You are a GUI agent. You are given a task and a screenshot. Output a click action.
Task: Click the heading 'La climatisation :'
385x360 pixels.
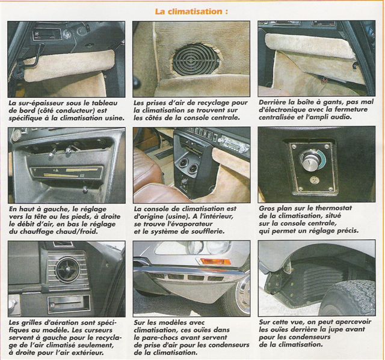click(191, 11)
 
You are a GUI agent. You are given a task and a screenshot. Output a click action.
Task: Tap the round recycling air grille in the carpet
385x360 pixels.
click(196, 59)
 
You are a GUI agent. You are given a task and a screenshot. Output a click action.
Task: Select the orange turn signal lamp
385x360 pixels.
click(216, 261)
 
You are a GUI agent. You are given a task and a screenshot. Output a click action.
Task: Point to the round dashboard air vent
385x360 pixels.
click(68, 269)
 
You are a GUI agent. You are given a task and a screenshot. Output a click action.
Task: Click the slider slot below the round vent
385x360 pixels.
click(69, 304)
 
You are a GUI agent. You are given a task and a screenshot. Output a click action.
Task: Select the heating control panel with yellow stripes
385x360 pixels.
click(66, 172)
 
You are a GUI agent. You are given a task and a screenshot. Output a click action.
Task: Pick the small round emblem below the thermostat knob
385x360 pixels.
click(313, 180)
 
